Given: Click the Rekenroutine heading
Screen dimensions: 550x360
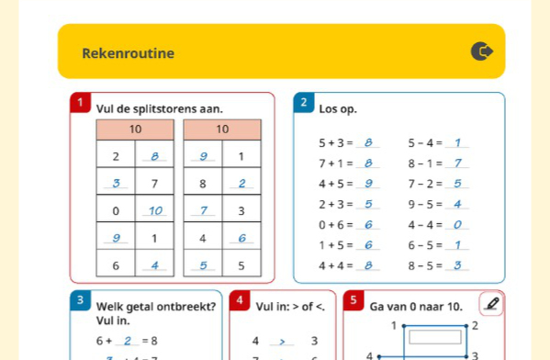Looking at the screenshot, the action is click(128, 53).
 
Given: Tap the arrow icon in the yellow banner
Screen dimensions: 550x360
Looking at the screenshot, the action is click(481, 52).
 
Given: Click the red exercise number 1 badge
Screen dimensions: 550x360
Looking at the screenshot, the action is click(82, 103).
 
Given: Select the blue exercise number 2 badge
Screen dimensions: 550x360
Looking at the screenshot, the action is click(304, 102).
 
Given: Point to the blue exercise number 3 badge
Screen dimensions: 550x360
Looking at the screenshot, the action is click(82, 300).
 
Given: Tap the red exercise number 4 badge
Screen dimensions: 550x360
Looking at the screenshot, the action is click(240, 300).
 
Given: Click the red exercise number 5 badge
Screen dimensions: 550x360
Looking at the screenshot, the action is click(353, 300).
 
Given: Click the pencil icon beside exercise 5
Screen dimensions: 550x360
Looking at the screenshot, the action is click(492, 304).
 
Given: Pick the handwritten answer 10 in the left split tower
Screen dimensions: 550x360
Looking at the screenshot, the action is click(154, 211).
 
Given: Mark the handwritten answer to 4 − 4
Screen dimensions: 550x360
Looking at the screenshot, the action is click(457, 224).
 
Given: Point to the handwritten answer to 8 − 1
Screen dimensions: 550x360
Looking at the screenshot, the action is click(458, 163).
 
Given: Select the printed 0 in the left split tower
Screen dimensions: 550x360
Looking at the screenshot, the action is click(116, 211).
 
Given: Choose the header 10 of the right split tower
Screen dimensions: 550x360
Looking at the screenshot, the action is click(221, 130).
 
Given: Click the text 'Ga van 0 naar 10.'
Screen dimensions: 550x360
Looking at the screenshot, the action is click(415, 306).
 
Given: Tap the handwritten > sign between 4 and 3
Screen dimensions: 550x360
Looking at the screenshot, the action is click(284, 342).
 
